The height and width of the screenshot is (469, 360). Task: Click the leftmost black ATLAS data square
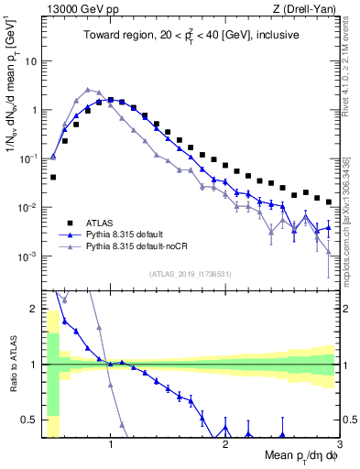53,177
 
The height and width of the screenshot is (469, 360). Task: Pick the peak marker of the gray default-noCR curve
87,90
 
